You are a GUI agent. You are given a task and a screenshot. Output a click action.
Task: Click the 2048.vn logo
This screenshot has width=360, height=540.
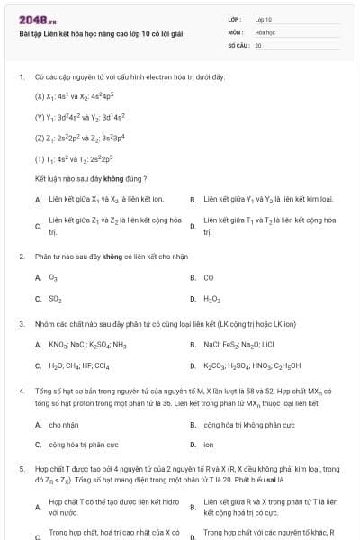[38, 20]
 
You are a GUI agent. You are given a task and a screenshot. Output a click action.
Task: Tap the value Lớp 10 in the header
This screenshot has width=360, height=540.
[263, 19]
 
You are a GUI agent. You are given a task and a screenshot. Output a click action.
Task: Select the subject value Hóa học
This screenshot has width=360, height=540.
[264, 31]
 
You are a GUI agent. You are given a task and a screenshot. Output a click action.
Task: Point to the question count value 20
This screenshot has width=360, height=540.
[258, 44]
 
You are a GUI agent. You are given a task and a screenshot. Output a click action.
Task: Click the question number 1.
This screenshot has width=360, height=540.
[21, 77]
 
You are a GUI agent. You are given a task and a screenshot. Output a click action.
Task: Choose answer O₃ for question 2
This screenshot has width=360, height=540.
[53, 278]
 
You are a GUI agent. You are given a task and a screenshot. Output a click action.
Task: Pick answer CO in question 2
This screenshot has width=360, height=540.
[209, 278]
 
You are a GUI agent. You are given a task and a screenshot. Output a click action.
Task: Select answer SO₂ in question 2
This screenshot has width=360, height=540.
[55, 299]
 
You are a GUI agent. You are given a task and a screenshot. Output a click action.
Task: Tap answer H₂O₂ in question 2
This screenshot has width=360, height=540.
[211, 299]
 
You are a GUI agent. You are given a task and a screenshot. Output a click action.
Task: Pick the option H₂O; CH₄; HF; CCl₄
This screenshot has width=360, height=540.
[79, 365]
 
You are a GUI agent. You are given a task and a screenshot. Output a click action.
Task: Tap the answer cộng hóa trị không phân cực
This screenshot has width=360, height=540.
[249, 424]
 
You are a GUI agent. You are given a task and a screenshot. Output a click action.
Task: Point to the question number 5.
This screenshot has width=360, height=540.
[21, 469]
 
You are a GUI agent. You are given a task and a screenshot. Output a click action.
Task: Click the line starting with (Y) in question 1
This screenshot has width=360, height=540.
[86, 117]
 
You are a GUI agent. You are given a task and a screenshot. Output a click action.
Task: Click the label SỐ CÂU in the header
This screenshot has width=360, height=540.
[238, 44]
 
